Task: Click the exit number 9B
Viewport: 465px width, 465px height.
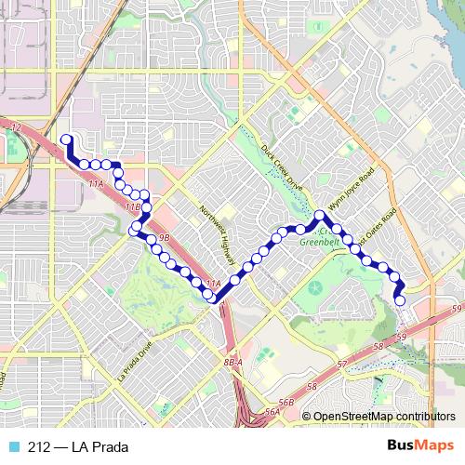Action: pyautogui.click(x=164, y=239)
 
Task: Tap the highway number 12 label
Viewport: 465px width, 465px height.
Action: pyautogui.click(x=15, y=124)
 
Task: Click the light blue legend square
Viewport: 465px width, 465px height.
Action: pyautogui.click(x=12, y=446)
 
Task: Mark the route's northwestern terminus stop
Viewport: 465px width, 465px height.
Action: pyautogui.click(x=66, y=140)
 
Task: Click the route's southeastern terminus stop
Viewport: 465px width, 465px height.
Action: pyautogui.click(x=400, y=300)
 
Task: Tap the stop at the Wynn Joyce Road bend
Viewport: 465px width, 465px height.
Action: pyautogui.click(x=320, y=216)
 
